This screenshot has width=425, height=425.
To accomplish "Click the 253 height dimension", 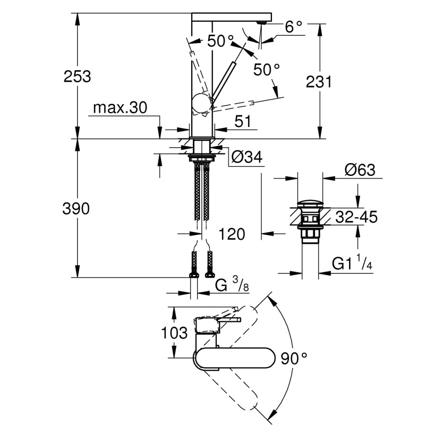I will coord(78,76).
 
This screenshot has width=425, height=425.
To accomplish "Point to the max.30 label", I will coord(119,108).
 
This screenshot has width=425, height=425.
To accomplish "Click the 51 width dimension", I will coord(243,122).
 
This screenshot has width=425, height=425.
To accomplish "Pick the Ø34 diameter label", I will coord(248,157).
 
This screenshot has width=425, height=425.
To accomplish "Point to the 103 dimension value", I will coord(174,333).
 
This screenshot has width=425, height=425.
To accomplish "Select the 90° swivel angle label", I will coord(294,360).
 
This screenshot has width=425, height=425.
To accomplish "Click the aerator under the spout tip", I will coord(261,22).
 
